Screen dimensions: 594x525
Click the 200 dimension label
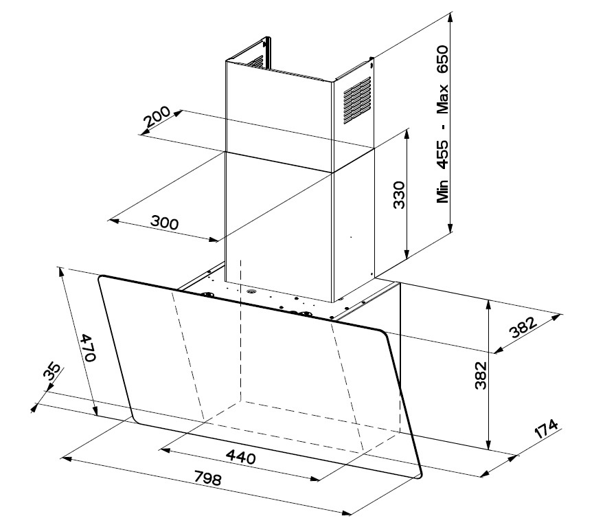156,122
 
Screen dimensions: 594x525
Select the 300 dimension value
165,223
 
